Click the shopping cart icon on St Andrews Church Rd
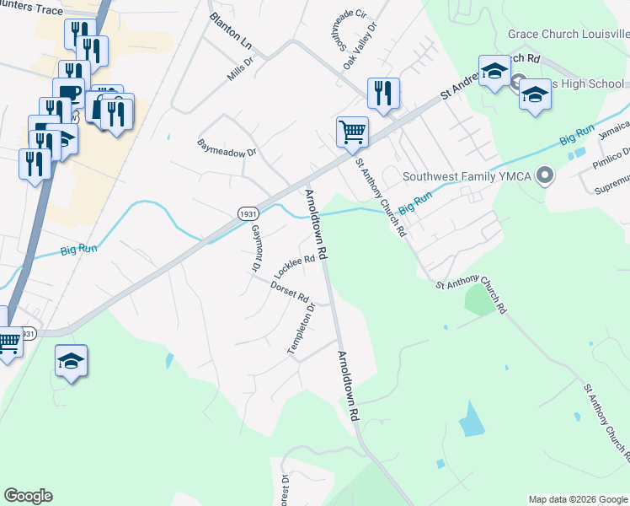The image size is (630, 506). point(352,131)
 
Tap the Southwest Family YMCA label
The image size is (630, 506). point(470,177)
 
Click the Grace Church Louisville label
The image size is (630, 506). point(568,35)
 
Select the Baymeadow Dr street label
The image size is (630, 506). point(226,147)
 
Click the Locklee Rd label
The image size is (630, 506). point(298,266)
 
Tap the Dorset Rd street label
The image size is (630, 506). point(290,293)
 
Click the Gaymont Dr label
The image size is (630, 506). point(254,250)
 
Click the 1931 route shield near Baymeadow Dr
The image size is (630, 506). point(247,214)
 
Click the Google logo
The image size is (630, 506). point(28,496)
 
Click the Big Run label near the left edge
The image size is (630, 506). point(78,250)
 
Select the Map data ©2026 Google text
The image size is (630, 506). point(578,499)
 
